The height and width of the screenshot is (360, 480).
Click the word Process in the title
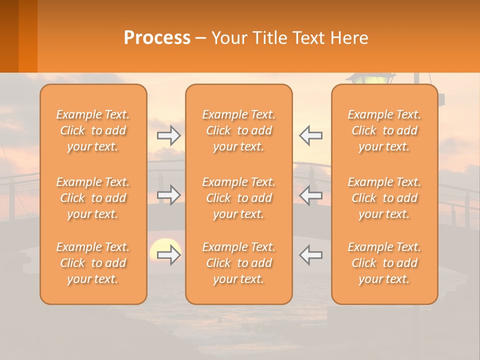[x=157, y=38]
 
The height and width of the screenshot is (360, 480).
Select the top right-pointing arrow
[x=169, y=135]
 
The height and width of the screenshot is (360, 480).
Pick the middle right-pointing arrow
[x=169, y=195]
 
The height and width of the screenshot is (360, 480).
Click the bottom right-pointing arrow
[x=169, y=255]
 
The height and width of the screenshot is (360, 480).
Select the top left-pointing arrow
[x=311, y=135]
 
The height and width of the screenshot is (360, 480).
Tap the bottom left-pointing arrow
[x=311, y=255]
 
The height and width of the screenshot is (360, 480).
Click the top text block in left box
[x=93, y=130]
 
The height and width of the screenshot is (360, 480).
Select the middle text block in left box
[x=93, y=198]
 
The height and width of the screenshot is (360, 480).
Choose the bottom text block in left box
[x=93, y=263]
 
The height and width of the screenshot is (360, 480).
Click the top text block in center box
[x=238, y=130]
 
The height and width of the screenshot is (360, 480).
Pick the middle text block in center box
[x=238, y=198]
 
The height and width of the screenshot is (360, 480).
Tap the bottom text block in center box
[x=238, y=263]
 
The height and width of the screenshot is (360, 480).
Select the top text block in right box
[x=384, y=130]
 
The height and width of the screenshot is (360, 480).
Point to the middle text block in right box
[x=384, y=198]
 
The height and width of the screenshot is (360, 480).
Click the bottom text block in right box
[x=384, y=263]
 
